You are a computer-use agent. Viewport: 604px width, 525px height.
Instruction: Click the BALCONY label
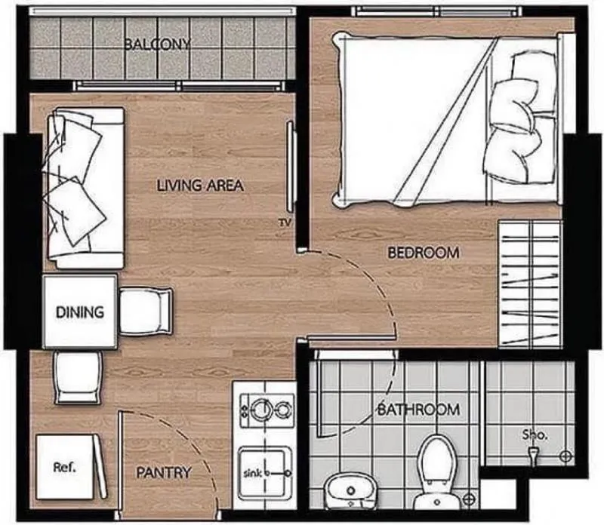click(157, 45)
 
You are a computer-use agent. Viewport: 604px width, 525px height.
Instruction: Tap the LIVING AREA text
click(200, 186)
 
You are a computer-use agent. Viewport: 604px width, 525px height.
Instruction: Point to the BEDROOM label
click(424, 253)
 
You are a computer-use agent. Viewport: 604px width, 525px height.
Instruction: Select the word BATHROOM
click(419, 409)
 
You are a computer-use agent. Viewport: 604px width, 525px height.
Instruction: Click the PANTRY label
click(164, 473)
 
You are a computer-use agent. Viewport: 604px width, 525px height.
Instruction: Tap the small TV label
click(285, 222)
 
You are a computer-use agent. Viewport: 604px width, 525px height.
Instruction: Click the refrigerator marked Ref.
click(70, 466)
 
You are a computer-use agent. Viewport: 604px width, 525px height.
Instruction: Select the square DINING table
click(80, 312)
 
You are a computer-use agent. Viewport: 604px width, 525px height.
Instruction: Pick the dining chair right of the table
click(146, 312)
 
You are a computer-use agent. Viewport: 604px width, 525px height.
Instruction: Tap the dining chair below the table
click(79, 377)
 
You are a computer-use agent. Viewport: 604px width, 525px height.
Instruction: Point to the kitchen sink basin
click(265, 472)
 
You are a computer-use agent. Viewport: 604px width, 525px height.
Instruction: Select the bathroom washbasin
click(350, 492)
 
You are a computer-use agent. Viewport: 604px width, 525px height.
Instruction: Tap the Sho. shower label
click(535, 435)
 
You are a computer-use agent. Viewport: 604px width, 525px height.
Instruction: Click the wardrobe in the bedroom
click(530, 284)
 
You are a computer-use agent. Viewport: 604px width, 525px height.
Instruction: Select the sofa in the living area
click(85, 187)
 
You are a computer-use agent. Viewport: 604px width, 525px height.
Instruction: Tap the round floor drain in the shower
click(565, 456)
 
